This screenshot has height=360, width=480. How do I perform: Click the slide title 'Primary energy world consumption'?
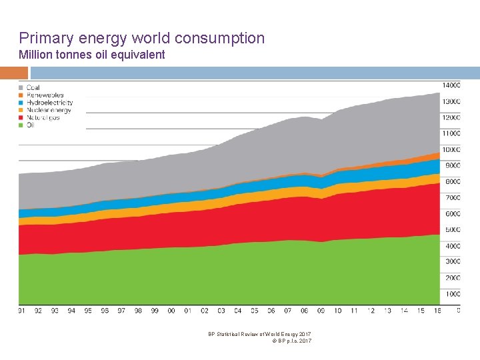click(142, 39)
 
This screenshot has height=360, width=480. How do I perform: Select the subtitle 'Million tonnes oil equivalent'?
click(92, 55)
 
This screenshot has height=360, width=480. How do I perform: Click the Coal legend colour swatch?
click(21, 88)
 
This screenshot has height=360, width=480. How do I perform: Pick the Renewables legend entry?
click(45, 95)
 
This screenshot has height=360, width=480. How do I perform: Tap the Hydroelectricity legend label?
click(49, 103)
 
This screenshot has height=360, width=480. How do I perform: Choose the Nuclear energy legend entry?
click(48, 111)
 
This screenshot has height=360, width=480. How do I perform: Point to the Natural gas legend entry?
click(43, 118)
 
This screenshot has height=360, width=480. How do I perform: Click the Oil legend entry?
click(30, 125)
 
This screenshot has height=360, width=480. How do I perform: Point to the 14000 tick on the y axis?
click(452, 85)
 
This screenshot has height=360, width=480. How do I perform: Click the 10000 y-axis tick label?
click(452, 150)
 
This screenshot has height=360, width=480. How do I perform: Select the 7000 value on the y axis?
click(453, 198)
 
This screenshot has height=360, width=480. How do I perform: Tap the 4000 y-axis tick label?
click(453, 246)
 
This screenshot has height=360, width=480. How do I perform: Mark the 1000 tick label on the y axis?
click(453, 294)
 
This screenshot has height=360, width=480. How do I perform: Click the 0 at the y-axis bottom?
click(458, 310)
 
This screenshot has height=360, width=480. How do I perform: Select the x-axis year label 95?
click(88, 311)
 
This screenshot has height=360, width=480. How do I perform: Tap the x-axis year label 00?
click(171, 311)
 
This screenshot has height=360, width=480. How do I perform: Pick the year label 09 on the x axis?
click(321, 311)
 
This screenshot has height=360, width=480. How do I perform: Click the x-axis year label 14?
click(404, 311)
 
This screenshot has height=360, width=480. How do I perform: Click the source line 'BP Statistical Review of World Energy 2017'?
click(259, 334)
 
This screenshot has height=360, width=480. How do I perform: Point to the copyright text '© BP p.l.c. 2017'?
click(292, 341)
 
